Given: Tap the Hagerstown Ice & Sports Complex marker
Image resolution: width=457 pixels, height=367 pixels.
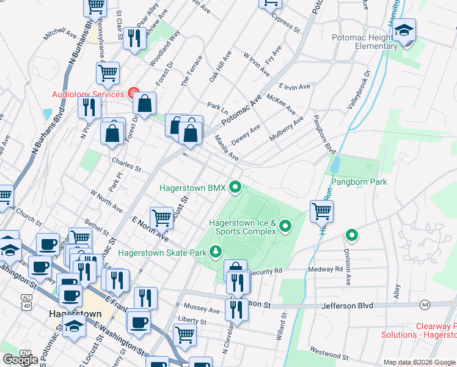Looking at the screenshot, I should [285, 228].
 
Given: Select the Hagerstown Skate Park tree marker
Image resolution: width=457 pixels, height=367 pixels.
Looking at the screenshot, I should [215, 251].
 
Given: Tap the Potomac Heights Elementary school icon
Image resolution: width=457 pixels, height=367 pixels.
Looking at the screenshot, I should [404, 31].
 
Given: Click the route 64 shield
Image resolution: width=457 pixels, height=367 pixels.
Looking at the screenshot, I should [425, 304].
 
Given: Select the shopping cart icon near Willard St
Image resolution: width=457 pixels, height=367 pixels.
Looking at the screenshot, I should [321, 212].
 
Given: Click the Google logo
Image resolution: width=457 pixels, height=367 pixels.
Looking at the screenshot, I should [20, 360].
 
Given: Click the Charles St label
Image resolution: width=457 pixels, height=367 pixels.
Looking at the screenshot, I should [126, 165].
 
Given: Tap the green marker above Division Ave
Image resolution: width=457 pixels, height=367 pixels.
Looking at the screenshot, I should [351, 235].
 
